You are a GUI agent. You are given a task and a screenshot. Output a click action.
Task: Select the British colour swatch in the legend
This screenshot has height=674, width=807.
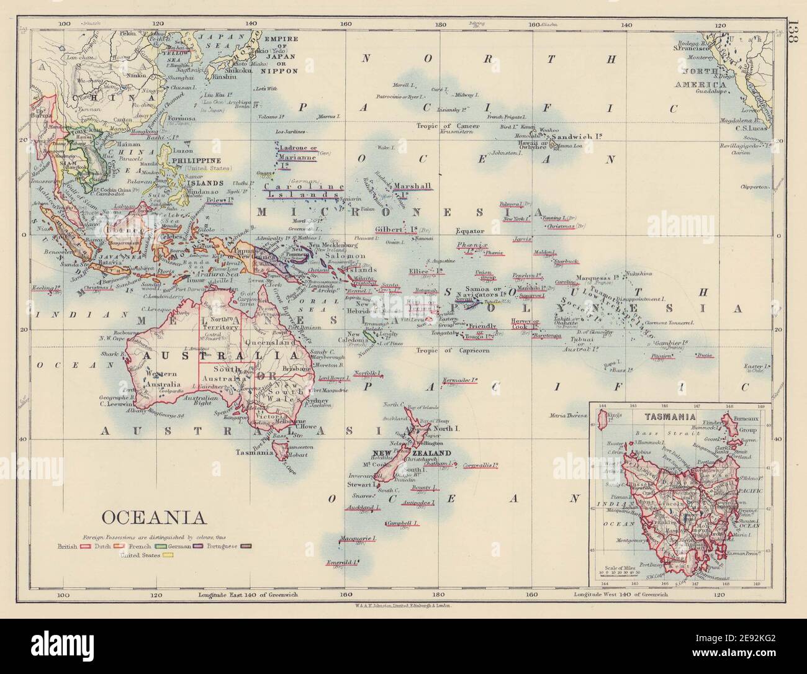(x=88, y=546)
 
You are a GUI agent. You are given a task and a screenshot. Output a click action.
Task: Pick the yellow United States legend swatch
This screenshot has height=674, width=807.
(x=167, y=555)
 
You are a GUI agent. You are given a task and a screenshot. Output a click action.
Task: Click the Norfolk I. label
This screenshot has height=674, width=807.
(x=366, y=373)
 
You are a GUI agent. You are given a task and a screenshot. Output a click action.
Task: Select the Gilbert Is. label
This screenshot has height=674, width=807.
(x=395, y=228)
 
